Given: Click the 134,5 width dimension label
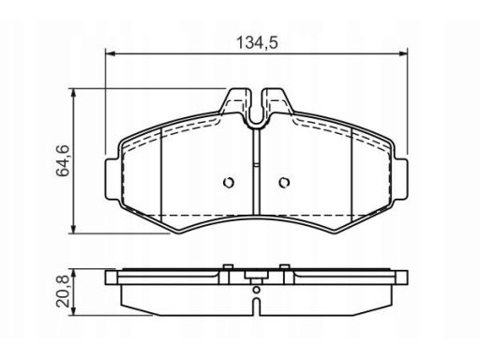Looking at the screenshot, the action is [x=257, y=43].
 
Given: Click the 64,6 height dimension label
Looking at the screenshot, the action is [x=63, y=161].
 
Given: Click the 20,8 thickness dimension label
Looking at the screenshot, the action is [x=63, y=292].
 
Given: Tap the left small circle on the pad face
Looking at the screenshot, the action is [x=229, y=182].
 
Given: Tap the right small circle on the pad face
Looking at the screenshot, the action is [x=284, y=182].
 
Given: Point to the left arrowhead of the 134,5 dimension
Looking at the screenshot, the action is [x=110, y=54].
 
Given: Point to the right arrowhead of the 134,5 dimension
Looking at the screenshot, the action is [x=403, y=54].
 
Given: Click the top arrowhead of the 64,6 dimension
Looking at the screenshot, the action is [x=73, y=93].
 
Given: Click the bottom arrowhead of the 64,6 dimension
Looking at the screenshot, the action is [x=73, y=229].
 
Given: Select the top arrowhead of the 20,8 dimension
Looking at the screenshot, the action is [x=73, y=274].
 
